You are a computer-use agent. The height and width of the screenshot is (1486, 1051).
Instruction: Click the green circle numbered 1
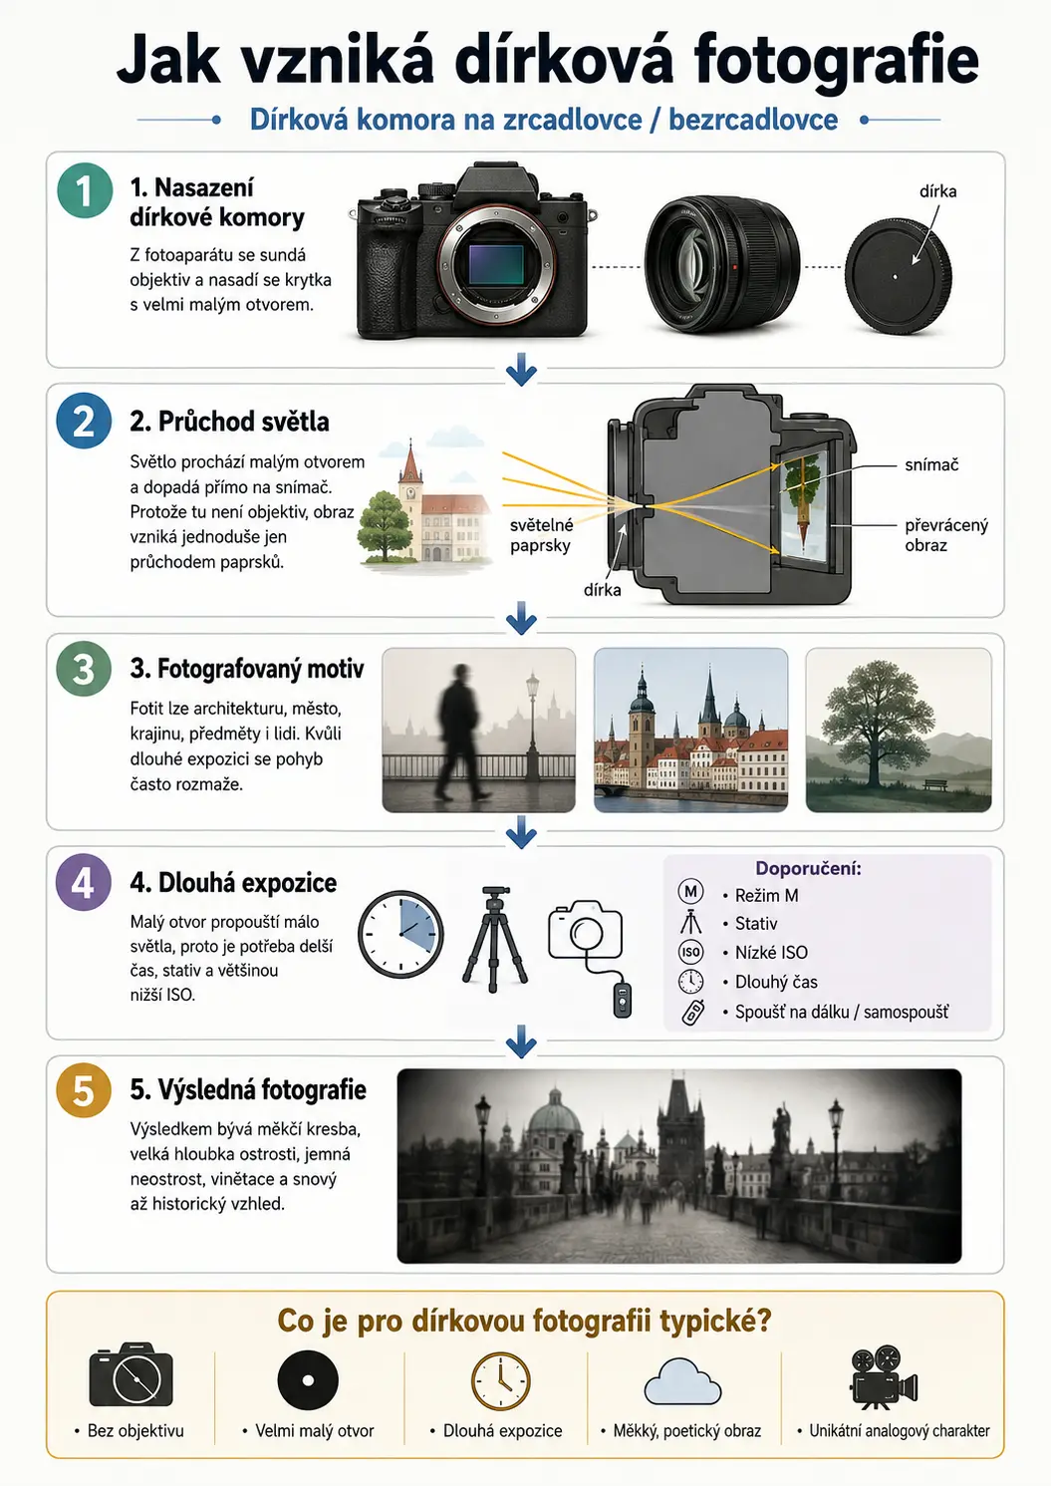coord(85,190)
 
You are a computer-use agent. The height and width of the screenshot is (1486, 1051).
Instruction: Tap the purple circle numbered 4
coord(83,882)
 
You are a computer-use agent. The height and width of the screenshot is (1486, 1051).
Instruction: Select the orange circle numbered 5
coord(83,1090)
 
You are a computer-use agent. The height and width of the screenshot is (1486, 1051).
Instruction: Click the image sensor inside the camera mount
coord(496,265)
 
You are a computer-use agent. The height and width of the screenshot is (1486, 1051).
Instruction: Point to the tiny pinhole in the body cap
coord(896,277)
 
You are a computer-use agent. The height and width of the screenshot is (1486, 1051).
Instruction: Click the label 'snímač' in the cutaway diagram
coord(931,465)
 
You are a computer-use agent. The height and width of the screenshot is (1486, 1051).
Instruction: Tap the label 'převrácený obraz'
coord(946,535)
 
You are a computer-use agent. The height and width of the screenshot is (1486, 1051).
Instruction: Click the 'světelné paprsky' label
coord(541,535)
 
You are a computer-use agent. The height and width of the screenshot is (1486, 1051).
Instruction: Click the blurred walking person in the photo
coord(459,733)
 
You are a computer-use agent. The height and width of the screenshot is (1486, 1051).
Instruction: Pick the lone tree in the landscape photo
coord(876,722)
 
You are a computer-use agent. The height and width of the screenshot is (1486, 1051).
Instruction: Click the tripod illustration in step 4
coord(495,939)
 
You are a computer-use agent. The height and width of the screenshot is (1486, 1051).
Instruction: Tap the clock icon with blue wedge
coord(400,934)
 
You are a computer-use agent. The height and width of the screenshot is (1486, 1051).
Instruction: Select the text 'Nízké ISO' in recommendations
coord(771,953)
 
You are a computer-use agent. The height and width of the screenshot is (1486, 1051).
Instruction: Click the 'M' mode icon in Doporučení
coord(690,892)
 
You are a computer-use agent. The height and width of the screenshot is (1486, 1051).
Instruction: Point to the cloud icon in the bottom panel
coord(682,1379)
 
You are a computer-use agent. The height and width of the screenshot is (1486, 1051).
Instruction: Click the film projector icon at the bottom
coord(884,1376)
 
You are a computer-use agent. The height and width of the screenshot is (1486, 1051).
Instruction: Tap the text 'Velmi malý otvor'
coord(315,1431)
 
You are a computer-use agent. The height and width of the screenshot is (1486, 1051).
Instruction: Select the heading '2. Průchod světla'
coord(229,422)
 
